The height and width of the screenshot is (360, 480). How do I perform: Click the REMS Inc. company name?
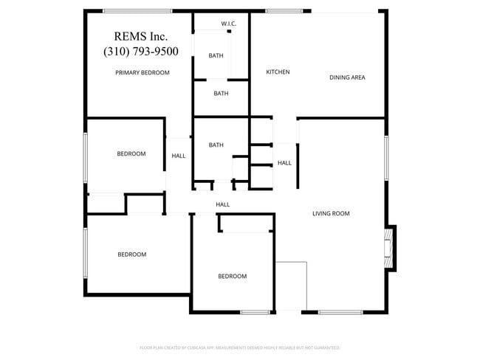141,36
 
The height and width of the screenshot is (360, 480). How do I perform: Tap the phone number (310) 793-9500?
141,51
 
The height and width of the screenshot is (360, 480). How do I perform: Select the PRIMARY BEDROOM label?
143,73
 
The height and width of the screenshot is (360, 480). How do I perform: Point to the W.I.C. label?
228,24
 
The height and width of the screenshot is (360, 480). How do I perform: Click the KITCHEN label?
278,72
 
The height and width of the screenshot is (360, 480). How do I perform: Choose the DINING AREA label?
347,77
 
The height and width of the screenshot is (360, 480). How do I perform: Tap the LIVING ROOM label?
331,214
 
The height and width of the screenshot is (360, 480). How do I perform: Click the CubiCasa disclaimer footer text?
239,347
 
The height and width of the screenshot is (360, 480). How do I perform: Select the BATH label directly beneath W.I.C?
216,55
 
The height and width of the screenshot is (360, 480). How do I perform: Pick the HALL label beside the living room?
284,163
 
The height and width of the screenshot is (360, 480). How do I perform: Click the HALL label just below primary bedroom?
179,156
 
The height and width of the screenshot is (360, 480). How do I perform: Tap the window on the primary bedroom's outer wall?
137,10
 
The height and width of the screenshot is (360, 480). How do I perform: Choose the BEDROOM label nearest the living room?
232,277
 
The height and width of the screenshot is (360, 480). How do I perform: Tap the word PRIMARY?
128,73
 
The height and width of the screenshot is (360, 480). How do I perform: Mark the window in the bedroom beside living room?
255,313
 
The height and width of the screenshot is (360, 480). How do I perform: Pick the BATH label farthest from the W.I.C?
216,145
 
